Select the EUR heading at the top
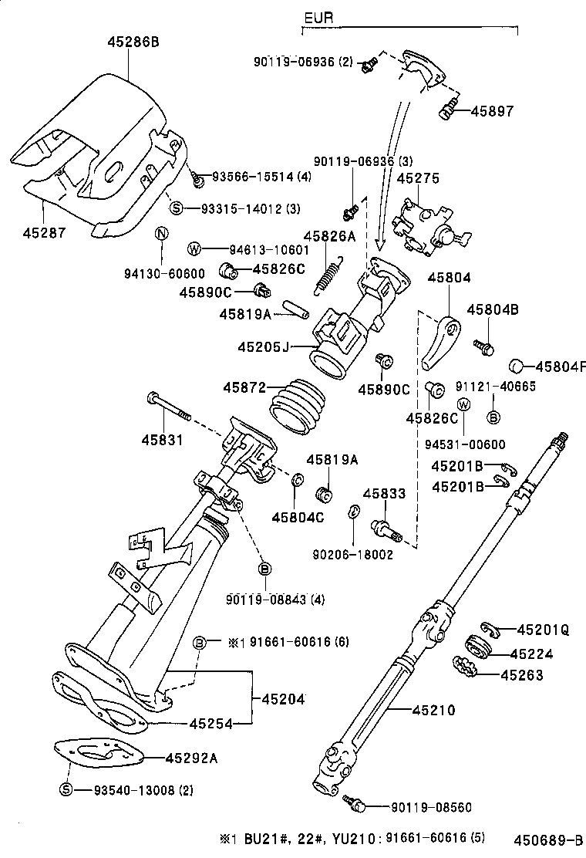click(318, 18)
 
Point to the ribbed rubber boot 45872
click(298, 405)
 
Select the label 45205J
click(263, 347)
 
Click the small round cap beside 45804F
click(517, 366)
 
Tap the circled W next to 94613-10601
click(194, 248)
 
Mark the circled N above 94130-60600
click(161, 235)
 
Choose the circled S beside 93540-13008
click(66, 790)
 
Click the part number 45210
click(433, 710)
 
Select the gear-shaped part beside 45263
click(465, 666)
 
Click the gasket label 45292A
click(190, 757)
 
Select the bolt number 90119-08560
click(431, 807)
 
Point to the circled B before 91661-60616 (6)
click(199, 642)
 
